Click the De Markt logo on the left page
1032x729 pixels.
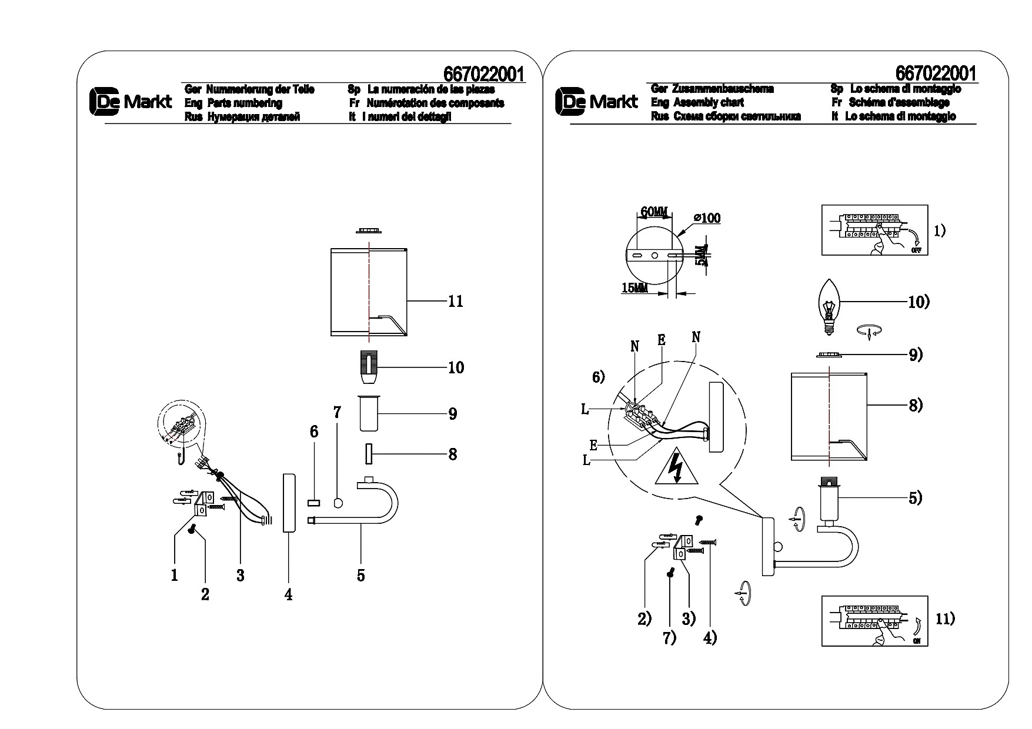(131, 102)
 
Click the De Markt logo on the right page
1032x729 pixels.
(596, 101)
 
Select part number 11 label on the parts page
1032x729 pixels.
(455, 302)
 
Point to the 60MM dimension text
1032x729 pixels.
(654, 211)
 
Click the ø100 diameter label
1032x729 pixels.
(707, 218)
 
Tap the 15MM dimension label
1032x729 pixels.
(634, 287)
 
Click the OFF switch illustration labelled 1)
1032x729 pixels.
(874, 230)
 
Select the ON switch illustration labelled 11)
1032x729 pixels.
(874, 621)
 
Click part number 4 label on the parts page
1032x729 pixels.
(288, 594)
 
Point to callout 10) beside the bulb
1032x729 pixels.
(919, 302)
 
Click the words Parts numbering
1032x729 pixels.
(245, 103)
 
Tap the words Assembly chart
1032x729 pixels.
(708, 102)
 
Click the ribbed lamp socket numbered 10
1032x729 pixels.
(369, 367)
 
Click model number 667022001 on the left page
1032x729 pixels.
(484, 74)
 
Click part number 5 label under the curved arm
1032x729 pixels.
(360, 575)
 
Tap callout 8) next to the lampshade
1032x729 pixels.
(916, 405)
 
